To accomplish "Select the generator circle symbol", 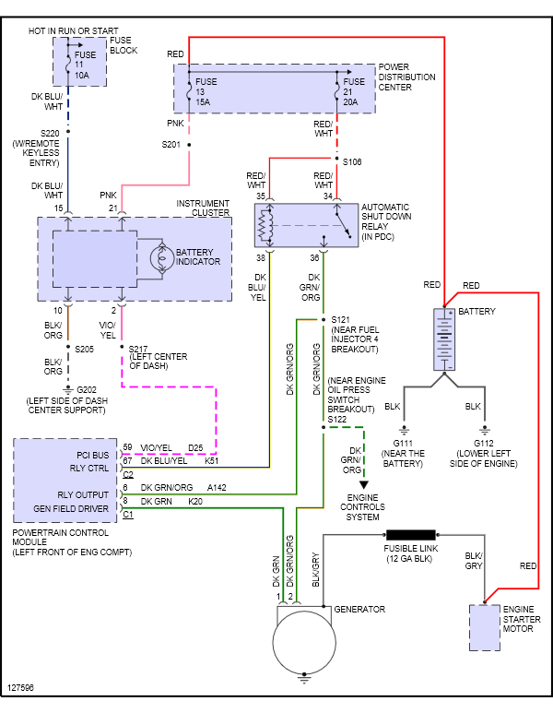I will [x=306, y=642].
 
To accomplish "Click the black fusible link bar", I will [x=410, y=535].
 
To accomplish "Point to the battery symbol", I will [x=445, y=340].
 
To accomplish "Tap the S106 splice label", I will [x=352, y=161].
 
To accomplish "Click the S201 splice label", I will [x=171, y=145].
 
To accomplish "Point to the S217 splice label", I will [x=141, y=348].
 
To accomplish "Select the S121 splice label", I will [x=341, y=318].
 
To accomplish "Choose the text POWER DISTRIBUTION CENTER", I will [x=406, y=77].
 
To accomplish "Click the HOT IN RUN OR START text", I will [x=73, y=31].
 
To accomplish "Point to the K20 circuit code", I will [x=194, y=501].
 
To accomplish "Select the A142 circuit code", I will [x=217, y=487].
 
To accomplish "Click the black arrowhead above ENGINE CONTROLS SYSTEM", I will [x=364, y=483].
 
